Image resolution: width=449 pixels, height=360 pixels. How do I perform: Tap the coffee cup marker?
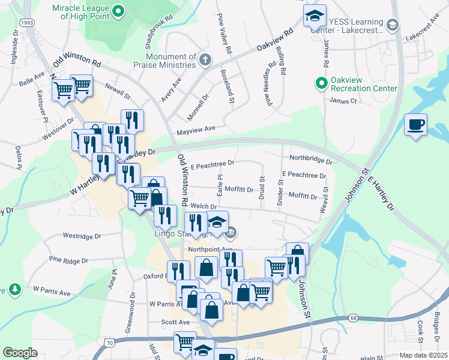[415, 125]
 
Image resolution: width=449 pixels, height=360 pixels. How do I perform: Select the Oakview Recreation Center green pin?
[321, 83]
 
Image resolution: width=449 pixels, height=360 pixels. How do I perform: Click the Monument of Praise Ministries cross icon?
[205, 59]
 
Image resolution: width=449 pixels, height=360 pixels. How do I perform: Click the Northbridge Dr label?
[310, 160]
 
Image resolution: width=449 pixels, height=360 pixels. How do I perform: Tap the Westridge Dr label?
[82, 236]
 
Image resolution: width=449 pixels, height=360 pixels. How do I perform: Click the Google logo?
[20, 353]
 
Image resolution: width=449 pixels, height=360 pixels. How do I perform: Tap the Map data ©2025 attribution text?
[423, 355]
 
